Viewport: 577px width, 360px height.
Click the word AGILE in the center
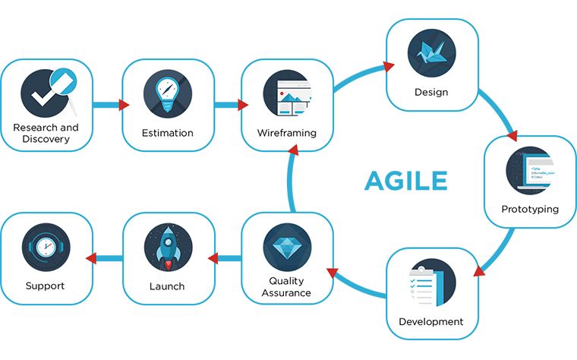click(406, 180)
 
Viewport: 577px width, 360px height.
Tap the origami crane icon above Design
click(432, 53)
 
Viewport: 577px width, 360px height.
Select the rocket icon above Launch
click(168, 247)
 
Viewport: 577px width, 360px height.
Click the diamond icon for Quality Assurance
click(287, 247)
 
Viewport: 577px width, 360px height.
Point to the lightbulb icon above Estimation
click(168, 93)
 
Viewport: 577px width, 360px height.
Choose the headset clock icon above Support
click(46, 247)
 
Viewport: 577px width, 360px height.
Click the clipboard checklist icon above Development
click(432, 283)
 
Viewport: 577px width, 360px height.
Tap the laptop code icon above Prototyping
click(530, 170)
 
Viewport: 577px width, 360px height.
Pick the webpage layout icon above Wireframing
click(288, 93)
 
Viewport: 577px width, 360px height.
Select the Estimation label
click(168, 133)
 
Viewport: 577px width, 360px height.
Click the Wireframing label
click(287, 133)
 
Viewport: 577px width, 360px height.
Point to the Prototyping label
click(530, 209)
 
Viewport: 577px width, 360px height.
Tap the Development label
click(431, 322)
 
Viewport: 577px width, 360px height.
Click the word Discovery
click(46, 139)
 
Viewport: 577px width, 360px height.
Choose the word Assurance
click(286, 293)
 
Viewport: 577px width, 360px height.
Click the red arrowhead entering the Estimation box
click(124, 105)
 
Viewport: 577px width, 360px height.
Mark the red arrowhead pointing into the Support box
click(91, 258)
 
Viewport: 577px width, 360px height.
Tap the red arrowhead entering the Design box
click(389, 66)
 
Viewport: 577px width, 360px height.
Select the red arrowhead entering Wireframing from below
click(293, 150)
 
